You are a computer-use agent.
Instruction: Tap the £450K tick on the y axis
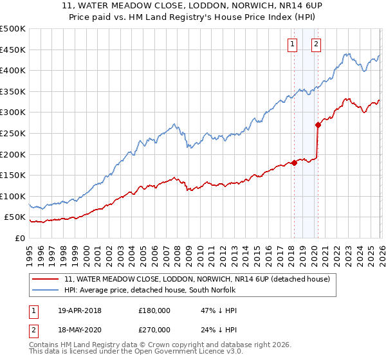(13, 50)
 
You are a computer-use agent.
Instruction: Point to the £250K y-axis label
(13, 133)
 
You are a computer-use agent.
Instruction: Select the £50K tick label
(15, 217)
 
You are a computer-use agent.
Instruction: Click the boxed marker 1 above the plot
(293, 44)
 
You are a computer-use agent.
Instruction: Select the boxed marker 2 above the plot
(317, 44)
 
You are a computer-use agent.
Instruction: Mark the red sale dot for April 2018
(294, 163)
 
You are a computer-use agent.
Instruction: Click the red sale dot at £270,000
(318, 125)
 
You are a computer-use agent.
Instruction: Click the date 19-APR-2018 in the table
(80, 310)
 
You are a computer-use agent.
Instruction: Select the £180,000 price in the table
(154, 310)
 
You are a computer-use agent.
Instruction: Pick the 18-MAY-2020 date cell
(80, 329)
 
